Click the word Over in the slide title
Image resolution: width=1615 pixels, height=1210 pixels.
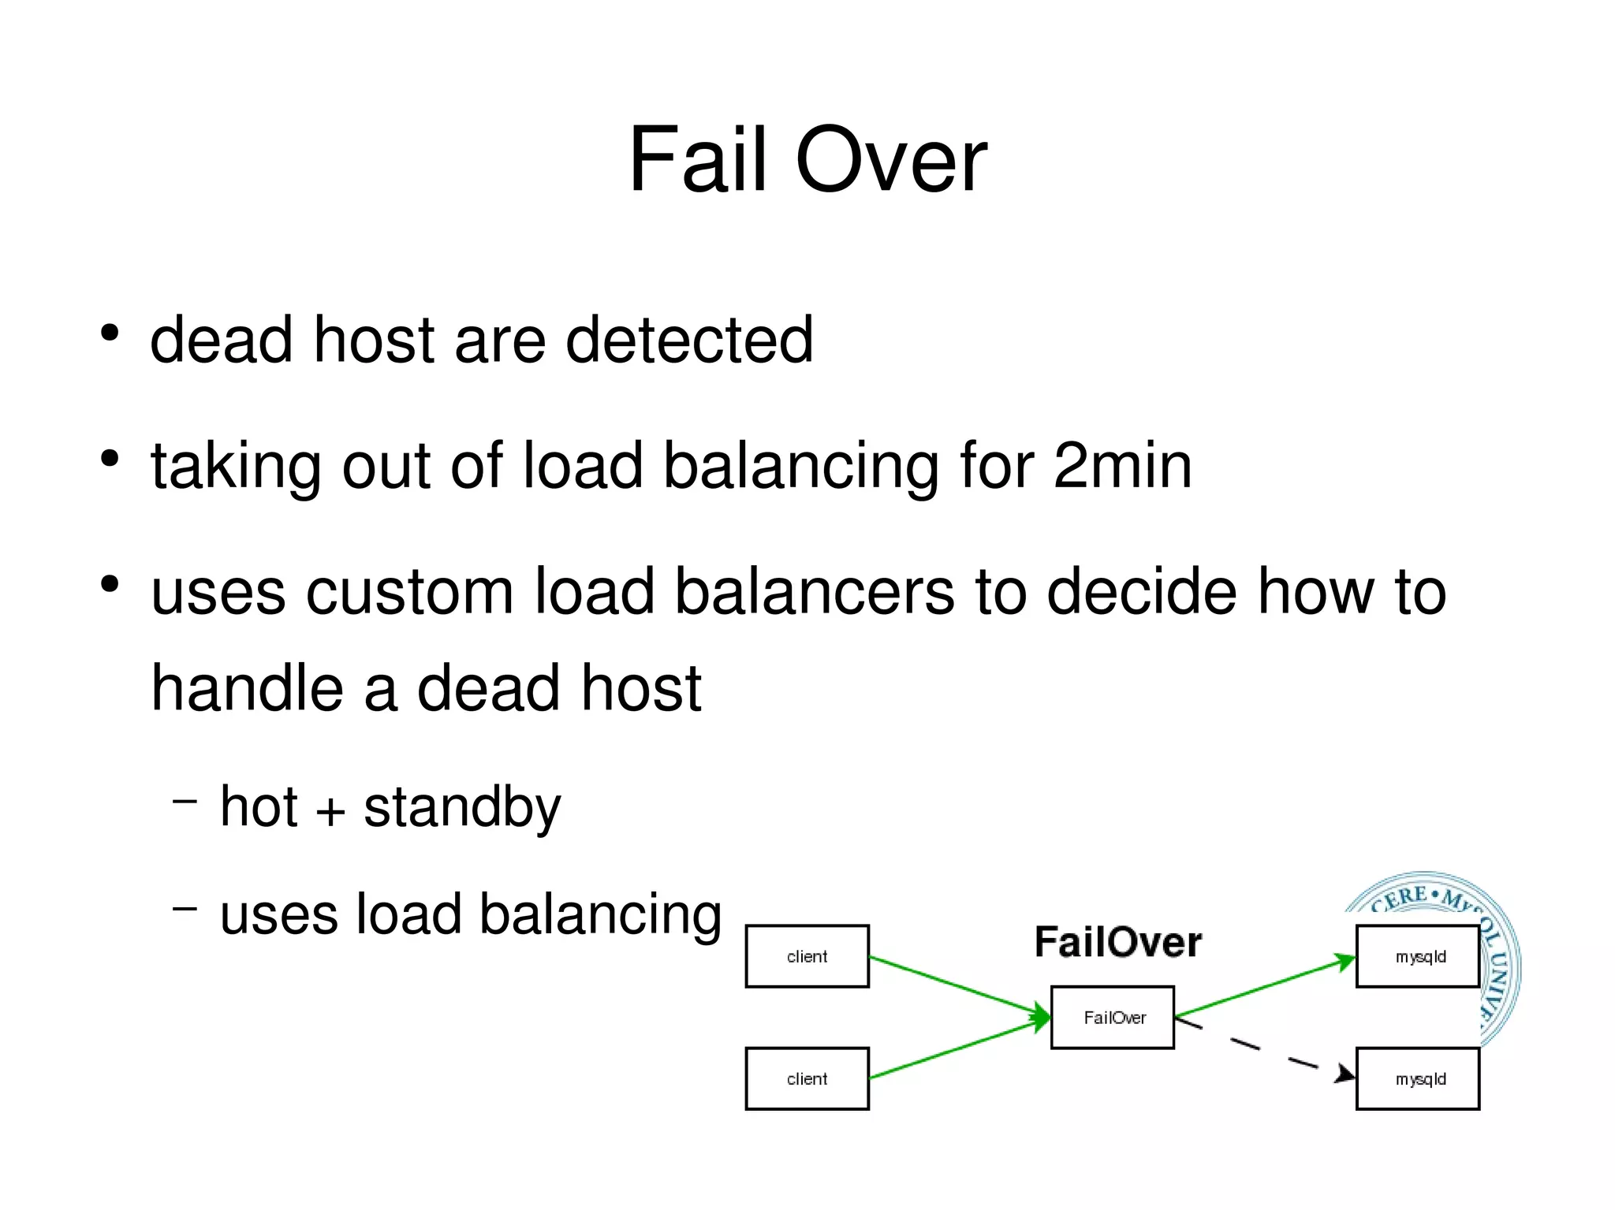click(891, 162)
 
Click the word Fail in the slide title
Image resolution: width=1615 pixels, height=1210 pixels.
click(697, 162)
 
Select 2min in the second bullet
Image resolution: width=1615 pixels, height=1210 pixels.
click(1122, 467)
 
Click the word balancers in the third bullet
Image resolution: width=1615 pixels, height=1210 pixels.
click(815, 593)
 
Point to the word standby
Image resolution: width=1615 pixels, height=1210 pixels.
click(462, 809)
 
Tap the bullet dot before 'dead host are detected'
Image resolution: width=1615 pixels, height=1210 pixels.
click(110, 333)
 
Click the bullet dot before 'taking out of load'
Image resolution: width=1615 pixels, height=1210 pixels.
click(110, 458)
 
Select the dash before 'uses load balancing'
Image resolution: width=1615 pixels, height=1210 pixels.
click(185, 909)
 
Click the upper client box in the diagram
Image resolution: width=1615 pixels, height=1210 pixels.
click(807, 956)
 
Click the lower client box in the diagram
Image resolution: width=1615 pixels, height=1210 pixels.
click(807, 1078)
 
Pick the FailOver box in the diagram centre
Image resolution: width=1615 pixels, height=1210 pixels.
click(1113, 1018)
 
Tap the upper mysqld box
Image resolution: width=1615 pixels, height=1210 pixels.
click(1418, 956)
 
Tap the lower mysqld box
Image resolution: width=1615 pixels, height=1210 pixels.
click(1418, 1078)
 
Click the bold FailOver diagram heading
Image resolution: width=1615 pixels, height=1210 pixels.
click(1117, 943)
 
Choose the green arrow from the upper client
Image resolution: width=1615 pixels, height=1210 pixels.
click(958, 985)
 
